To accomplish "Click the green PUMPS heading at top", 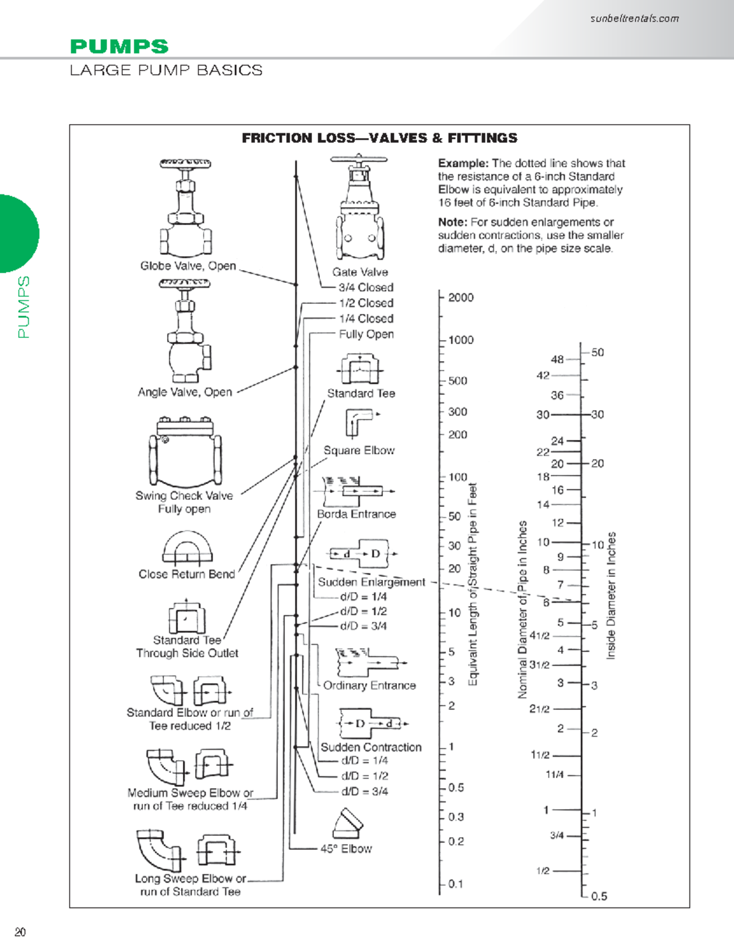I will point(119,46).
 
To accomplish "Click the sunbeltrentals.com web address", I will point(634,18).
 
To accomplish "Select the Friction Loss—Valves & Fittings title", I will point(379,138).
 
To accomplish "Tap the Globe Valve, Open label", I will point(188,266).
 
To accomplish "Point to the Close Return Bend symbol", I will point(187,547).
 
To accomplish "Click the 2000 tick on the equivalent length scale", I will point(461,298).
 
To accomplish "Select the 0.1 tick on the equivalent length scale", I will point(455,884).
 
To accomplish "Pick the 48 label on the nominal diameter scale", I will point(557,360).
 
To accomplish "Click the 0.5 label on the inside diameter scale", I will point(599,896).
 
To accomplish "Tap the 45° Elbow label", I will point(346,849).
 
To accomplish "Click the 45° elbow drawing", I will point(347,824).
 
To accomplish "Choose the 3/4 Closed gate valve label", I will point(366,287).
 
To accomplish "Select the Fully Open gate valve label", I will point(366,334).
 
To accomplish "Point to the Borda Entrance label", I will point(356,514).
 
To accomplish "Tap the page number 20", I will point(20,932).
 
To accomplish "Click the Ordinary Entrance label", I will point(369,686).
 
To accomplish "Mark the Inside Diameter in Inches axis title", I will point(610,596).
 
